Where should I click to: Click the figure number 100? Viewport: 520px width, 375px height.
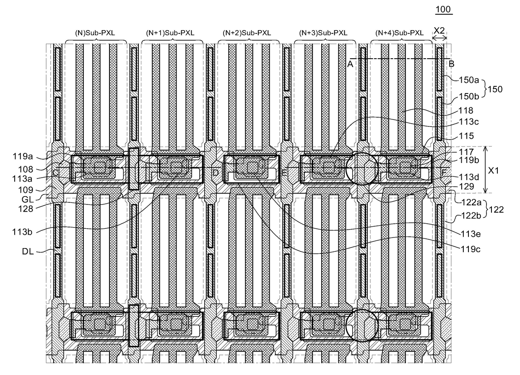(444, 9)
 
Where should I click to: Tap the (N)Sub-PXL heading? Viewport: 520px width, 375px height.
(96, 33)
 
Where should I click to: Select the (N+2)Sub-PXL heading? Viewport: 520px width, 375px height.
(249, 33)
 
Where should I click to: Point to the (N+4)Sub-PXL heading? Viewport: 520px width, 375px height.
(401, 33)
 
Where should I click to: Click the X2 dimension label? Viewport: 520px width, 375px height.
(439, 30)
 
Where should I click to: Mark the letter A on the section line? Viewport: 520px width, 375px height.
(349, 64)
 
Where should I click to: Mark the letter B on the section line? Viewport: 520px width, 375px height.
(452, 64)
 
